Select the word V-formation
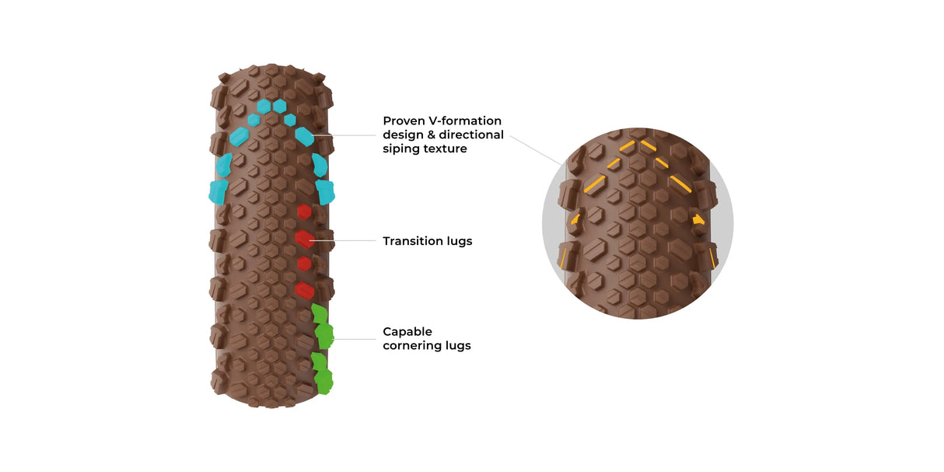[465, 121]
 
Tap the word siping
[401, 149]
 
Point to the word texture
[445, 149]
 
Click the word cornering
[414, 345]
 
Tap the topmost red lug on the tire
[304, 212]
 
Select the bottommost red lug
[305, 291]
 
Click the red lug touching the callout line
[305, 239]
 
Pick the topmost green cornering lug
[318, 313]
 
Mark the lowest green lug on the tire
[323, 381]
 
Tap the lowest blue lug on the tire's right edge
[324, 191]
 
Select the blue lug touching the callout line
[305, 136]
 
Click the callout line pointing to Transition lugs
[346, 240]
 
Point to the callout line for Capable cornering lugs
[354, 338]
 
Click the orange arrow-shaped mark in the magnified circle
[698, 219]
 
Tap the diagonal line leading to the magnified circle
[537, 150]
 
